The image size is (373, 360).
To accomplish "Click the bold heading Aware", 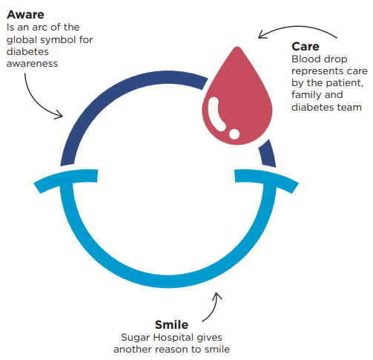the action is [25, 15].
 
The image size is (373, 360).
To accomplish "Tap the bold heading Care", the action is [306, 47].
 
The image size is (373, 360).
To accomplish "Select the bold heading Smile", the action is [171, 325].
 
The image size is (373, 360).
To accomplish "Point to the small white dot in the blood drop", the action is [234, 134].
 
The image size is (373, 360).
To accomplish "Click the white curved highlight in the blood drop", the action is [216, 114].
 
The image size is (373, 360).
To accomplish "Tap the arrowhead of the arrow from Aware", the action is [59, 115].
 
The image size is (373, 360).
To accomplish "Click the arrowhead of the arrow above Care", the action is [263, 35].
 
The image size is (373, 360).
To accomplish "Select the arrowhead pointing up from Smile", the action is [217, 296].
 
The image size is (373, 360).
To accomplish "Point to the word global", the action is [22, 39].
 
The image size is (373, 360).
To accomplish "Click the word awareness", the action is [32, 64].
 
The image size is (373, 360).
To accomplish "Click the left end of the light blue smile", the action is [37, 188].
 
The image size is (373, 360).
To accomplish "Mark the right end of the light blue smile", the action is [295, 188].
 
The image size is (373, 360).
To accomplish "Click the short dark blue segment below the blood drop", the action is [268, 154].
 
